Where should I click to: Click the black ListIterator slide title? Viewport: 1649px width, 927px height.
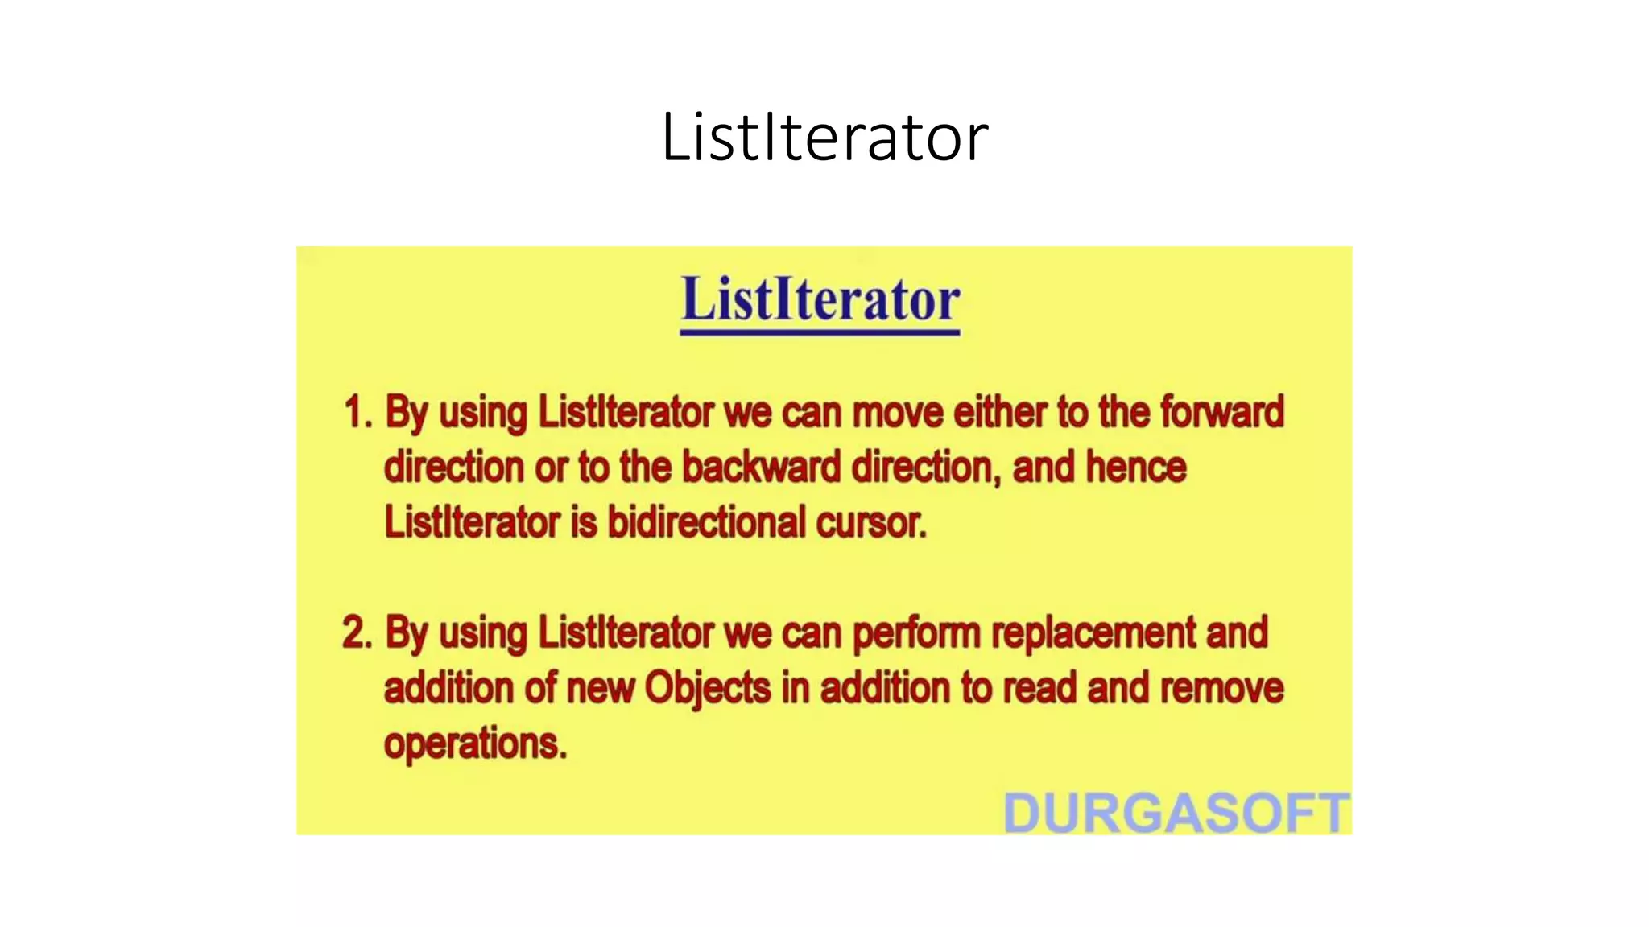pos(824,138)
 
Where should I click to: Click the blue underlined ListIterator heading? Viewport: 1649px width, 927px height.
pos(820,300)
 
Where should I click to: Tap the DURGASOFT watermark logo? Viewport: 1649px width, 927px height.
pos(1176,813)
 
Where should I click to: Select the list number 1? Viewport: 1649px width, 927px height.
pos(357,413)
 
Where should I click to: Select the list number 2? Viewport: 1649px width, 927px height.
pos(357,633)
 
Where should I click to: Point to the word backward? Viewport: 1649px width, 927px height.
pos(761,468)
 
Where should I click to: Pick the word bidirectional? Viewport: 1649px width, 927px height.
pos(706,522)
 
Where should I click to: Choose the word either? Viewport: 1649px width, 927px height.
pos(999,413)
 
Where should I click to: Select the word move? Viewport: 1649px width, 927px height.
pos(897,413)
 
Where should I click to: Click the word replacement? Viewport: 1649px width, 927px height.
pos(1093,633)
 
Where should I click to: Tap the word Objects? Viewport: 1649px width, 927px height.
pos(707,689)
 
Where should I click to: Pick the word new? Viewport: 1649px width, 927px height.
pos(600,689)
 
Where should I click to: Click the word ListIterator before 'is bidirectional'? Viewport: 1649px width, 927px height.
pos(472,522)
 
